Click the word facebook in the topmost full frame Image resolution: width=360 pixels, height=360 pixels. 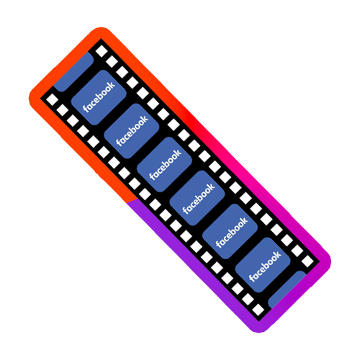tap(99, 96)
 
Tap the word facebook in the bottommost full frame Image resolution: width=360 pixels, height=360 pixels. tap(265, 266)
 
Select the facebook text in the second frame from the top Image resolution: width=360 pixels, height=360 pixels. tap(132, 130)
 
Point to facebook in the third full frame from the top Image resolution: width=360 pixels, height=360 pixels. tap(166, 164)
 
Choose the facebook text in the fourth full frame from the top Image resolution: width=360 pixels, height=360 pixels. tap(199, 198)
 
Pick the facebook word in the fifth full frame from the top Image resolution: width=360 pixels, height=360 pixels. tap(232, 232)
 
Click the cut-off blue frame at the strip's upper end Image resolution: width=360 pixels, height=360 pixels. tap(73, 72)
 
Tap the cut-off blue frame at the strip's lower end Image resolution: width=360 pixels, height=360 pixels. tap(287, 289)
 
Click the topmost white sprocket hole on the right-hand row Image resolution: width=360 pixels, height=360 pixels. tap(102, 51)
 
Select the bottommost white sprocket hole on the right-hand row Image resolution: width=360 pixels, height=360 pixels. tap(307, 261)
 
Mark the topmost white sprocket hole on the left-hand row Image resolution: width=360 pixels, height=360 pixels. tap(52, 99)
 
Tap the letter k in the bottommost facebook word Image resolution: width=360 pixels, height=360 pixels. tap(277, 255)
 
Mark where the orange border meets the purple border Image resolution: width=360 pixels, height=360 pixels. tap(132, 201)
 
